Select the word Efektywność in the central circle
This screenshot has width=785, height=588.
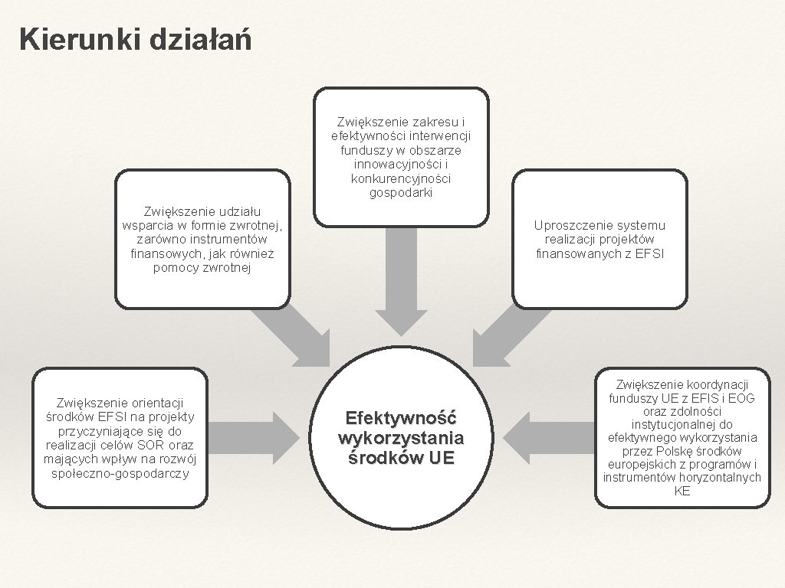[401, 419]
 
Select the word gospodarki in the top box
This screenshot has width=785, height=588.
[401, 193]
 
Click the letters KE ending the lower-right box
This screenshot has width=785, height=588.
[682, 492]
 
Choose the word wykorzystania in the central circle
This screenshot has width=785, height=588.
[401, 439]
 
